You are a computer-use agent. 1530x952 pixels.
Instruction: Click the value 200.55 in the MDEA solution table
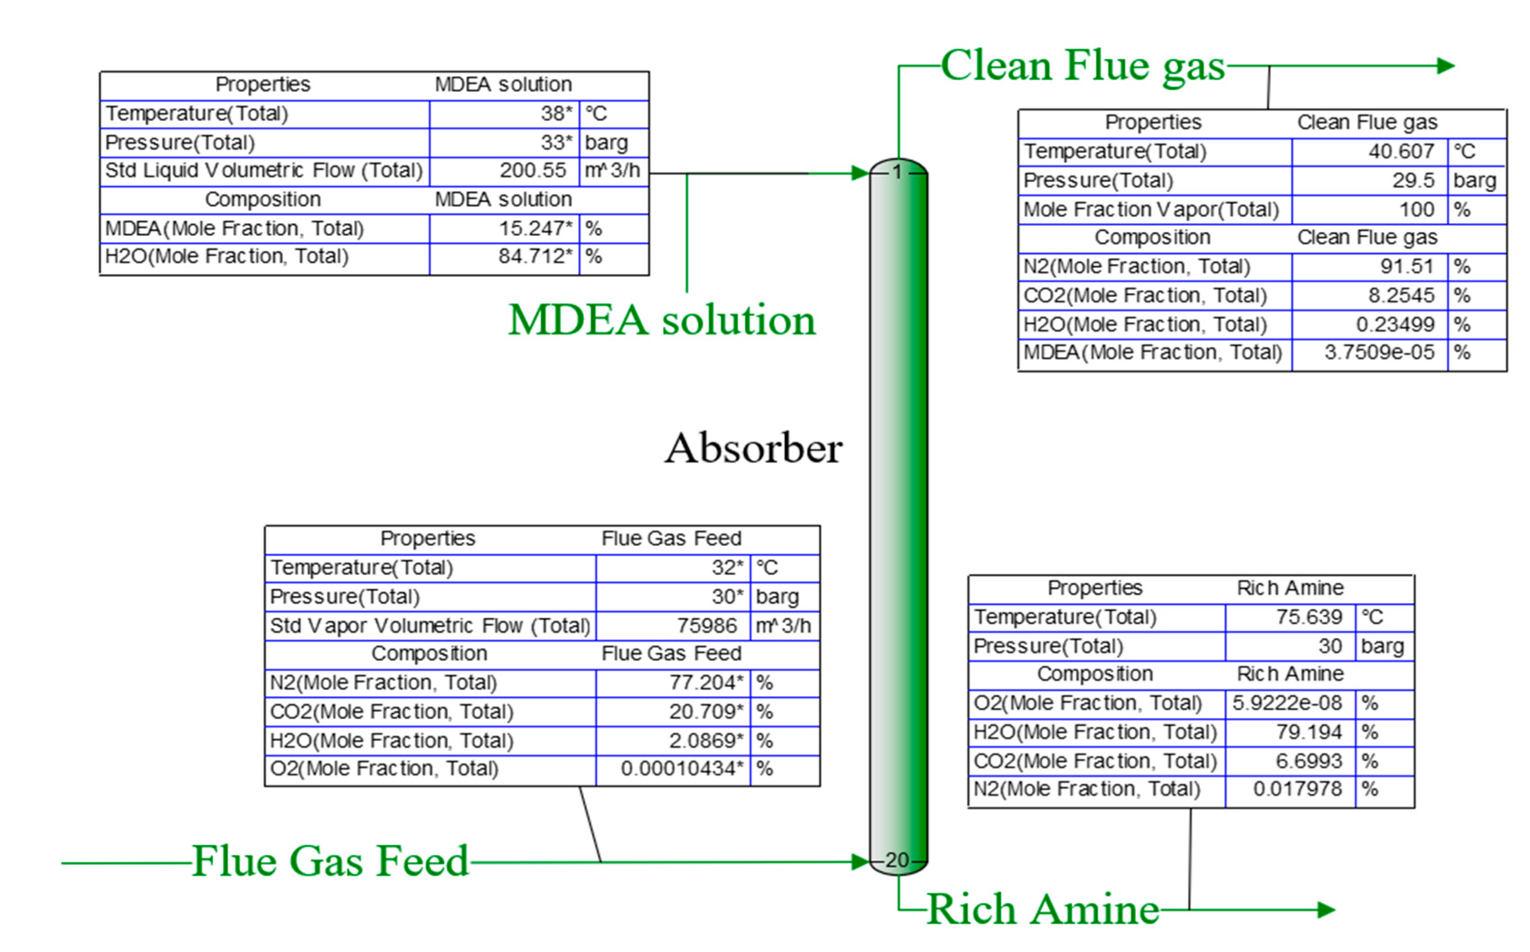[x=533, y=171]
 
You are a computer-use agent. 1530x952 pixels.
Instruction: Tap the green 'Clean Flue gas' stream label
[x=1082, y=66]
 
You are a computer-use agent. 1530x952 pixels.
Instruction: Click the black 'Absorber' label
[x=753, y=449]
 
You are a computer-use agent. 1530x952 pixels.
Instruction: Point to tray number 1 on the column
[x=897, y=172]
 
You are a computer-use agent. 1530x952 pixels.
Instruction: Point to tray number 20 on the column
[x=897, y=860]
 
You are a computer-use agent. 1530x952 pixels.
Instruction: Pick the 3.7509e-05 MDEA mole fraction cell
[x=1379, y=352]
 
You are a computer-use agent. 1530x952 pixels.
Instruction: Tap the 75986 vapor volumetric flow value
[x=706, y=626]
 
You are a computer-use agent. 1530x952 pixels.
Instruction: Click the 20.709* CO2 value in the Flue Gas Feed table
[x=706, y=712]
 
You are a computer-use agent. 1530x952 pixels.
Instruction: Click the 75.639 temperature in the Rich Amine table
[x=1309, y=617]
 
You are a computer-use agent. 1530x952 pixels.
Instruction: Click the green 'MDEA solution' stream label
[x=662, y=321]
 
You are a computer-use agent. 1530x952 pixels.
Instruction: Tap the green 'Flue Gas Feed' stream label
[x=330, y=861]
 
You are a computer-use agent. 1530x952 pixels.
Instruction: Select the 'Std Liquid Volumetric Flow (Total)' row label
[x=263, y=171]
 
